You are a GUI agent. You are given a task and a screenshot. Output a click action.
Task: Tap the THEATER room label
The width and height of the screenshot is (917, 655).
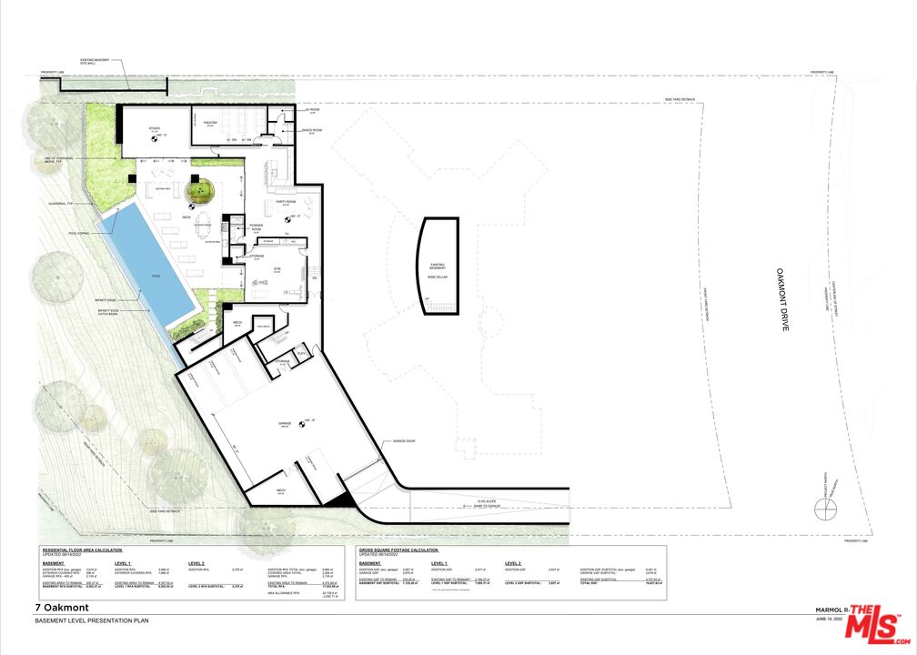(208, 123)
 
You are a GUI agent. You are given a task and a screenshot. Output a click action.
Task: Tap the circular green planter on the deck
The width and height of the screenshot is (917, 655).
(199, 191)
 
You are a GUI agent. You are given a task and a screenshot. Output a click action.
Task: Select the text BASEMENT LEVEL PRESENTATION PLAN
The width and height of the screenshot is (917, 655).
(91, 620)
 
